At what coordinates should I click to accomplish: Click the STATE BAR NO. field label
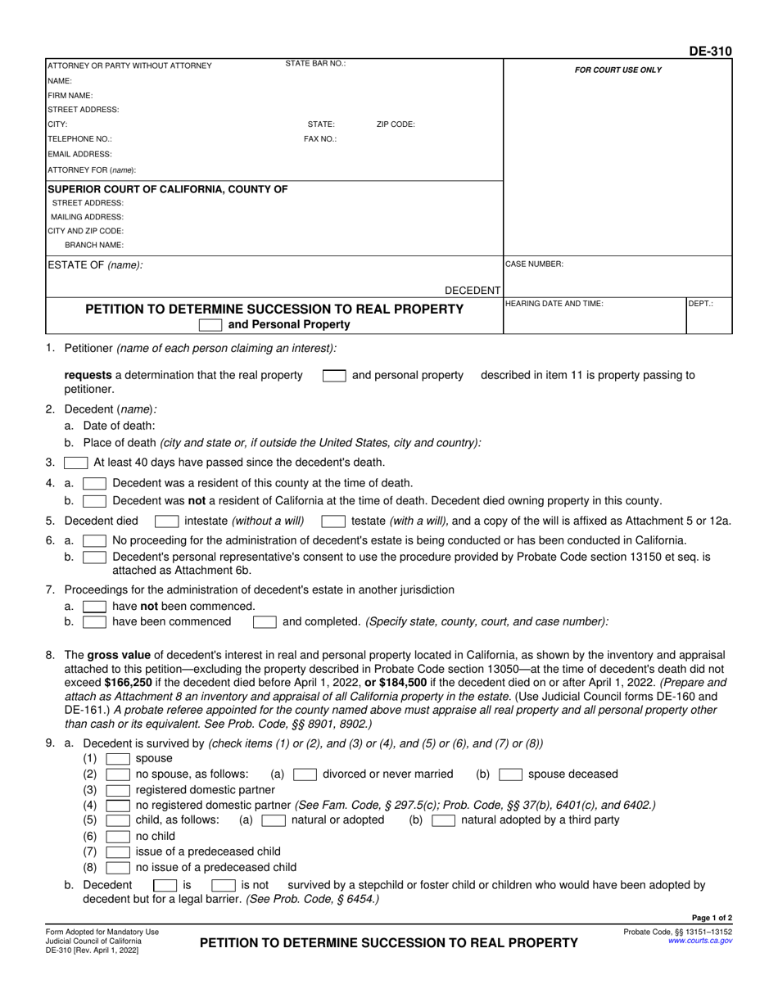(315, 64)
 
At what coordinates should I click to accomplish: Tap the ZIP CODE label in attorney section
(396, 124)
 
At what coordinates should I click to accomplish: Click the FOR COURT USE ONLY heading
(617, 70)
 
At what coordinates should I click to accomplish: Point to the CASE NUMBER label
(534, 264)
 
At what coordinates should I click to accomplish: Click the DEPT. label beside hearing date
(700, 303)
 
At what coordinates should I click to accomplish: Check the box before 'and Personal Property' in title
(210, 325)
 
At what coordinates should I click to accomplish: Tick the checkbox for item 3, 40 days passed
(75, 463)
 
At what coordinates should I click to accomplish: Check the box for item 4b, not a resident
(94, 501)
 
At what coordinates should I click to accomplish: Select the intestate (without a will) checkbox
(166, 521)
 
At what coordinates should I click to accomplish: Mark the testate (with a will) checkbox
(332, 521)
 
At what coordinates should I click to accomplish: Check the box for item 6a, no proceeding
(94, 540)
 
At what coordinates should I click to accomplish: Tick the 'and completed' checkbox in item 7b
(264, 622)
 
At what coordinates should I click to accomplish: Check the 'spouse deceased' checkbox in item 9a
(511, 774)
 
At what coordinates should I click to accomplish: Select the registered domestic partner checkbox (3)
(118, 790)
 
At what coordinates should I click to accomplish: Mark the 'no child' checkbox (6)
(118, 837)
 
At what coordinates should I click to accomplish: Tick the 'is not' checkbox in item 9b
(224, 885)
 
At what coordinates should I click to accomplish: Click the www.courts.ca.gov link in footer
(700, 942)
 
